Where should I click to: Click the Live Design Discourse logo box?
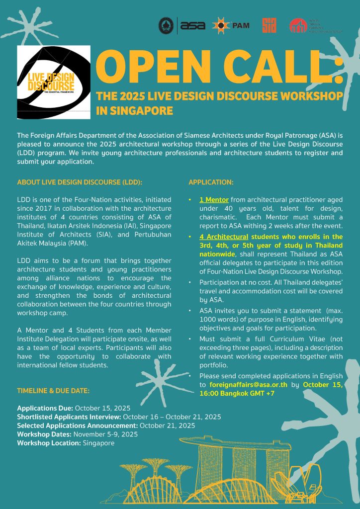(54, 82)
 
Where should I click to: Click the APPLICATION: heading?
(211, 182)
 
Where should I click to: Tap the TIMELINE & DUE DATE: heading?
(53, 391)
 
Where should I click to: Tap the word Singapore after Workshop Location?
(98, 442)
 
